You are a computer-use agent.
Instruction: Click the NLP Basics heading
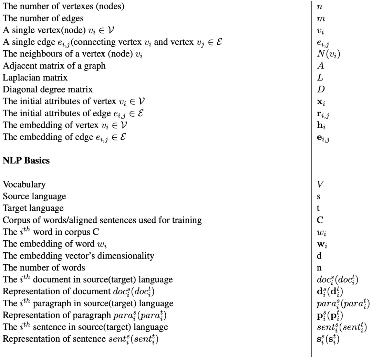click(26, 162)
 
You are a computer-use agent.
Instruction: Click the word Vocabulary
click(24, 185)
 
